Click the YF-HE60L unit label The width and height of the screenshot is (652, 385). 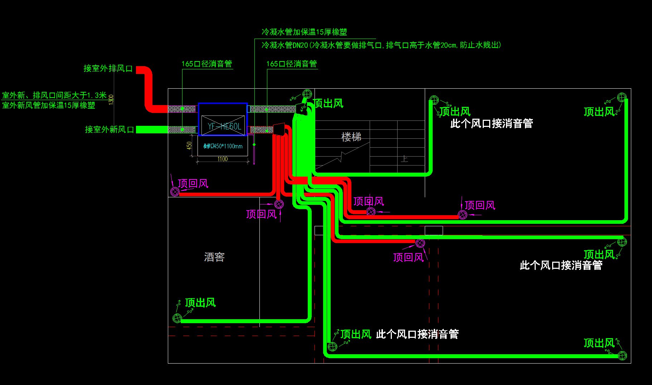[224, 126]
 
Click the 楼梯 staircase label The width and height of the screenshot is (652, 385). [351, 137]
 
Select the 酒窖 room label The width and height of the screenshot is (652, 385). [214, 257]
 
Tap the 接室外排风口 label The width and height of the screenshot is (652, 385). [108, 68]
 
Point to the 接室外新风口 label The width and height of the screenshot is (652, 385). [109, 129]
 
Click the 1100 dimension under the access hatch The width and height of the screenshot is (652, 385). [223, 159]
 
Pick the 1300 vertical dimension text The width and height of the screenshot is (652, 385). [111, 99]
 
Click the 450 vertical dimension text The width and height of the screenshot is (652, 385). [189, 145]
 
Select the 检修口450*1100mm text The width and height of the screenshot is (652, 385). [223, 146]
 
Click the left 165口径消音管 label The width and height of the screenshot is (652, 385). [207, 64]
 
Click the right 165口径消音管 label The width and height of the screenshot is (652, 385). [292, 64]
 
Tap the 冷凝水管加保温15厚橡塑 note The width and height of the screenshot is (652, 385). [304, 32]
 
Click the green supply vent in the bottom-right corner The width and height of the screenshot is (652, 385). [622, 355]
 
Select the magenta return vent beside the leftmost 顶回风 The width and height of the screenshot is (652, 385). [175, 192]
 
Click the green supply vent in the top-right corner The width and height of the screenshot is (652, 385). [622, 97]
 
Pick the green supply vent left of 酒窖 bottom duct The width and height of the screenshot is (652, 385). [177, 318]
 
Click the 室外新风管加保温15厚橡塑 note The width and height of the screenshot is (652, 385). [49, 105]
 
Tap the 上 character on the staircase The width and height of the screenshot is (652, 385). [404, 158]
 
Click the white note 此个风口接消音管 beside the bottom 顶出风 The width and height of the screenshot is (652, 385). [417, 334]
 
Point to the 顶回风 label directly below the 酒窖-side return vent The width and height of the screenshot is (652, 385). [262, 214]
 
